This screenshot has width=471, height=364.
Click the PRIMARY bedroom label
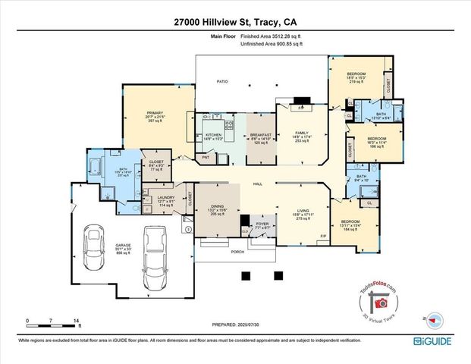[155, 116]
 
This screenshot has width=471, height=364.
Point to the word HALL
[257, 184]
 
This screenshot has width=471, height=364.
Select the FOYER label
[262, 224]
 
